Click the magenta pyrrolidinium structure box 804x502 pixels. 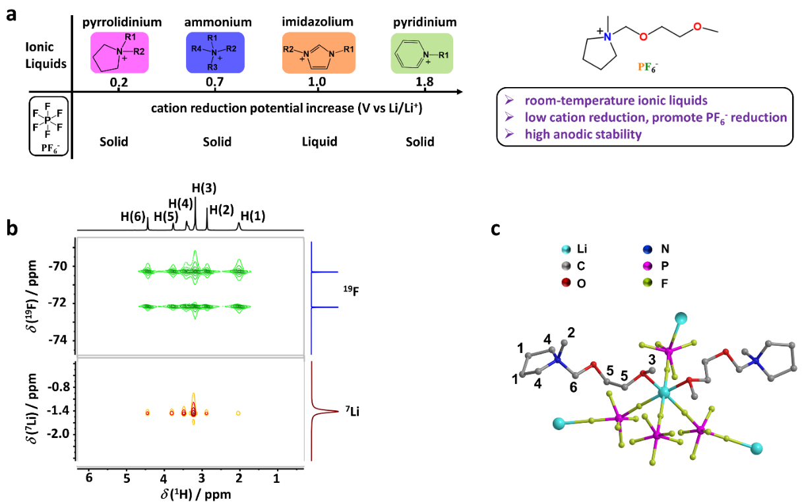[x=119, y=53]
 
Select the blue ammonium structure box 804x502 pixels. [x=215, y=53]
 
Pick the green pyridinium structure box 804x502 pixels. [x=422, y=53]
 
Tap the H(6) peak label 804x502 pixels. [x=133, y=216]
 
